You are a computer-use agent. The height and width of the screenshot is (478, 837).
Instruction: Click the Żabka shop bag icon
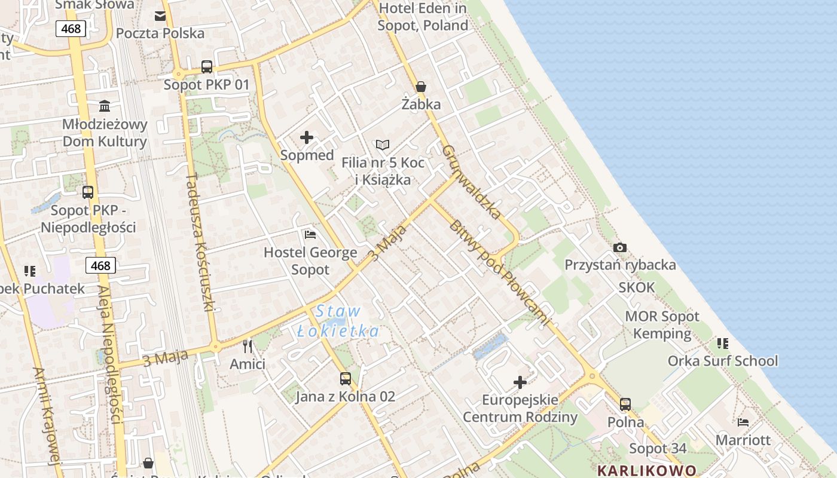coord(421,87)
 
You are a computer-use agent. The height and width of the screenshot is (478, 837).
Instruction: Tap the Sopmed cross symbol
coord(307,138)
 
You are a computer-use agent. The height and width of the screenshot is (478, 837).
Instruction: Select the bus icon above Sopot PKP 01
coord(207,67)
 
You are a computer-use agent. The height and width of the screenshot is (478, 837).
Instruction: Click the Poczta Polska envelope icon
coord(160,16)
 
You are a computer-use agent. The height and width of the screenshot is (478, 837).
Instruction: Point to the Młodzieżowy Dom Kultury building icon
coord(105,106)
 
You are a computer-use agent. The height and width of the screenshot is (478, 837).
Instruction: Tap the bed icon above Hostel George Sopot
coord(310,234)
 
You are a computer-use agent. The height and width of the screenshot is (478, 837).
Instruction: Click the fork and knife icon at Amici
coord(248,347)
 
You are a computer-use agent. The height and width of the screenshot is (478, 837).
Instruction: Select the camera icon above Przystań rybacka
coord(620,247)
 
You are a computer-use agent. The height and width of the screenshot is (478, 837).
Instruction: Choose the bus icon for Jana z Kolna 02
coord(346,378)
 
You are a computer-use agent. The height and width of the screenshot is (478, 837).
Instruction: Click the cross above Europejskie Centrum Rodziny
coord(520,382)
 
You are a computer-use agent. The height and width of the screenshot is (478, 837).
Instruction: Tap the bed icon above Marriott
coord(743,422)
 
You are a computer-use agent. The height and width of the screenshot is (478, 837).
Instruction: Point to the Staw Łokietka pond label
coord(338,321)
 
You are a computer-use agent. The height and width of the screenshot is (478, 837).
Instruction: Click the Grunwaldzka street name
coord(472,182)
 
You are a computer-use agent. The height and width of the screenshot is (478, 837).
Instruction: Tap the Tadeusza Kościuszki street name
coord(200,242)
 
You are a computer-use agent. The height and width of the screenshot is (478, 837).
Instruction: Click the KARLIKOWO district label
coord(647,470)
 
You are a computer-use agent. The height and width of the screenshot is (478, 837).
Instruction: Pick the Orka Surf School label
coord(723,361)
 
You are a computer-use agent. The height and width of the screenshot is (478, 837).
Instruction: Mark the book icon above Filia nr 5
coord(383,145)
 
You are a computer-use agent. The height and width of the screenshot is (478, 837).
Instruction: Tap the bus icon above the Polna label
coord(625,405)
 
